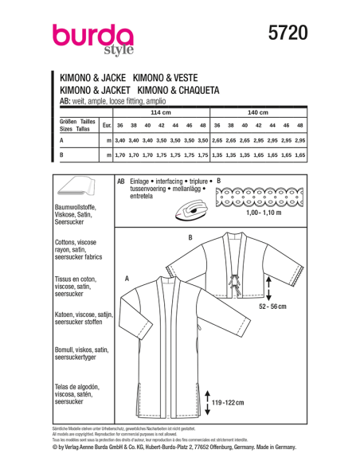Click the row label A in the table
62,140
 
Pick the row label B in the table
62,154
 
